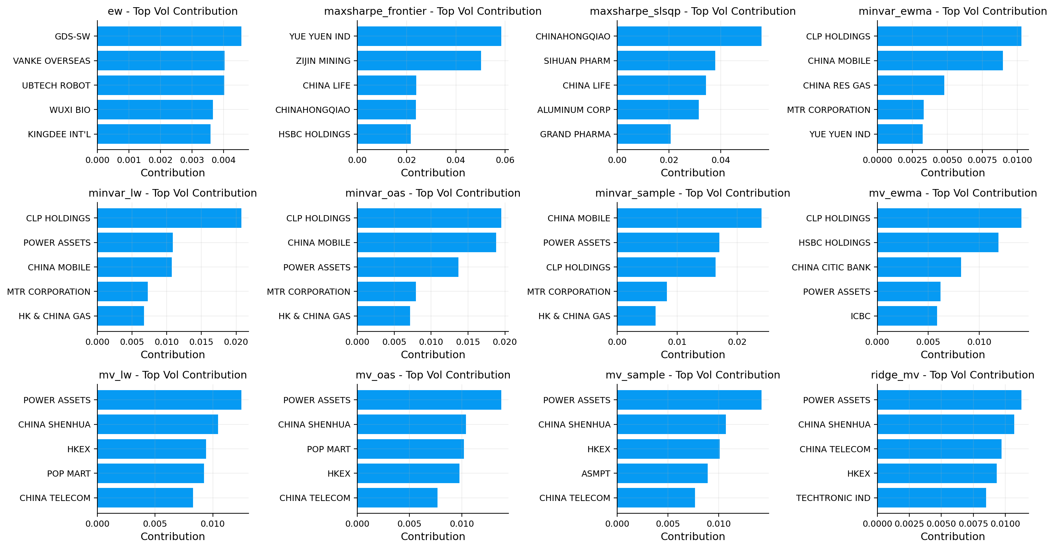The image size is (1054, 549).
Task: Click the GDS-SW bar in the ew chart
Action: click(x=169, y=36)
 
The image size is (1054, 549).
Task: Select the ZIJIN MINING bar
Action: click(x=419, y=61)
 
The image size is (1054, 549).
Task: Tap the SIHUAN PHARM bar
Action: click(x=666, y=61)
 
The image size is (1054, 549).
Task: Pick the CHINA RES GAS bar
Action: click(x=910, y=85)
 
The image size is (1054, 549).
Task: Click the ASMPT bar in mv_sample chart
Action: click(x=662, y=473)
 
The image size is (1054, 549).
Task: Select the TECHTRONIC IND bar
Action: click(x=931, y=498)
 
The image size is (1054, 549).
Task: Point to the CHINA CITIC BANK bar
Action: click(x=919, y=267)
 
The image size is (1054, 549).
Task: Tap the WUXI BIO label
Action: click(x=70, y=110)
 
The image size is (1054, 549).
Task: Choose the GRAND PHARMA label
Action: click(x=575, y=134)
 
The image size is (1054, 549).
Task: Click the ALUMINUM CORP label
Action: click(x=573, y=110)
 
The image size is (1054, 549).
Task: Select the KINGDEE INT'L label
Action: click(x=59, y=134)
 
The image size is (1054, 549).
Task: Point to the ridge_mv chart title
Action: click(x=952, y=375)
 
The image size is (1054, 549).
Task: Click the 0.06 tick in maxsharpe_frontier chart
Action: click(x=505, y=160)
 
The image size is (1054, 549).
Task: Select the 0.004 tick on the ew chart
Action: click(x=224, y=160)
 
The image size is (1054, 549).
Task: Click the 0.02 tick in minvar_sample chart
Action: click(x=737, y=342)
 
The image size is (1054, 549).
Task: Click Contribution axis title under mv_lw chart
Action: click(x=173, y=536)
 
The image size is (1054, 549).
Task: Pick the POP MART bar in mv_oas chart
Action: click(x=410, y=449)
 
